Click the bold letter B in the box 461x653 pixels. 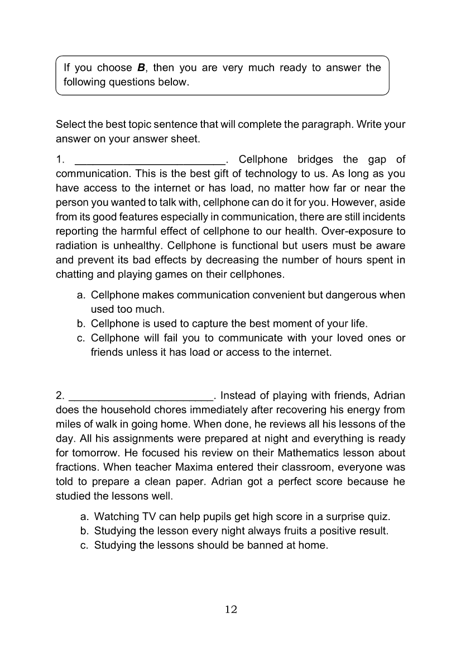tap(141, 68)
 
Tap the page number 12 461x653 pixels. tap(231, 609)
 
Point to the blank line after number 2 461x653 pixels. tap(141, 396)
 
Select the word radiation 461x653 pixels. tap(77, 246)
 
